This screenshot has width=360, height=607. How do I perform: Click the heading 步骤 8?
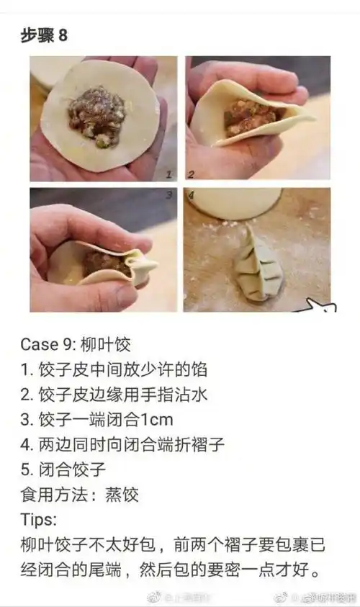pos(45,35)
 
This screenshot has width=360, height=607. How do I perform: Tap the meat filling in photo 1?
pos(96,114)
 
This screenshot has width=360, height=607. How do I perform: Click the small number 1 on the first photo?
pos(168,174)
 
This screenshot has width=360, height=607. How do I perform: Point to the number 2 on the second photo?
pos(192,174)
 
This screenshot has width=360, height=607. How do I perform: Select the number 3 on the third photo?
pos(168,194)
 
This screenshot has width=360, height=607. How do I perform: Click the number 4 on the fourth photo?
pos(192,194)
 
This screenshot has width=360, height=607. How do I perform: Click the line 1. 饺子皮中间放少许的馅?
pos(114,369)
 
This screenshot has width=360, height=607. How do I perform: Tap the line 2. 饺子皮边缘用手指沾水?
pos(114,395)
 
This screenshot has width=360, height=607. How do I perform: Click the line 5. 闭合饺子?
pos(63,470)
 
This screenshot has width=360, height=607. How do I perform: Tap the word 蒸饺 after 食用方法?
pos(122,495)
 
